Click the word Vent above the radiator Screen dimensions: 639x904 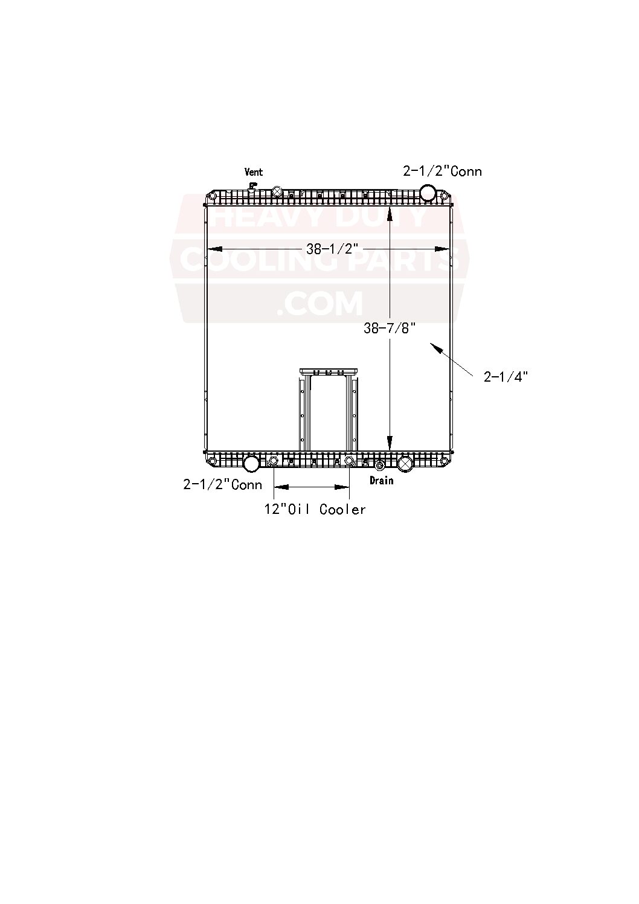[x=254, y=172]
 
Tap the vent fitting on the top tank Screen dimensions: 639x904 [x=252, y=186]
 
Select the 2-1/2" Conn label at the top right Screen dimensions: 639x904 [x=443, y=172]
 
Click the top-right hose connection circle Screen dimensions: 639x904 [x=428, y=193]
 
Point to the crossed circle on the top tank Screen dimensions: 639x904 [x=277, y=191]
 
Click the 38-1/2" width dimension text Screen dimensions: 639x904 [x=332, y=249]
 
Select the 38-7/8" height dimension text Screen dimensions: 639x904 [x=390, y=328]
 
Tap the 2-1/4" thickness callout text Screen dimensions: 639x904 [x=506, y=377]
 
